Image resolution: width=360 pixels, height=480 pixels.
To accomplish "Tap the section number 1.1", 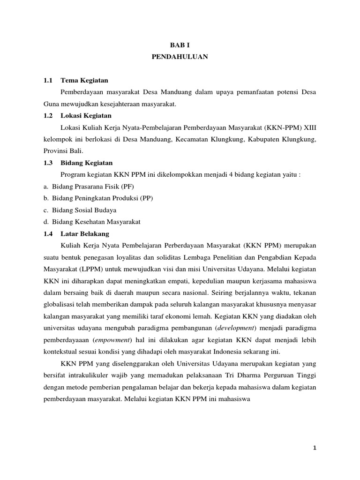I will tap(47, 81).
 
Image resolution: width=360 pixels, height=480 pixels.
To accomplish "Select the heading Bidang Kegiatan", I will tap(86, 163).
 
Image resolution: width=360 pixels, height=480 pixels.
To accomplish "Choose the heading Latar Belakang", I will tap(85, 233).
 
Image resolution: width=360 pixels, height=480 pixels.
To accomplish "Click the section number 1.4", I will tap(47, 233).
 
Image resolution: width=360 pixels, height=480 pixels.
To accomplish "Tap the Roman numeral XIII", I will tap(310, 127).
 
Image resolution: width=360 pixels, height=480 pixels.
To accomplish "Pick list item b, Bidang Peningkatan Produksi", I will tap(102, 198).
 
